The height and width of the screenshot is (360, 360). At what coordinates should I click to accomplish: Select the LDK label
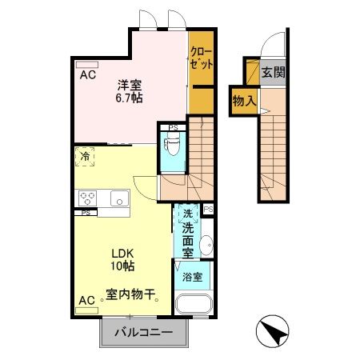pyautogui.click(x=122, y=251)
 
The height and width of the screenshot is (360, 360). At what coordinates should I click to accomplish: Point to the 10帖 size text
pyautogui.click(x=122, y=265)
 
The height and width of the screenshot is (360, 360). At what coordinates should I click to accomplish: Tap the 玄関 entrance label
pyautogui.click(x=273, y=73)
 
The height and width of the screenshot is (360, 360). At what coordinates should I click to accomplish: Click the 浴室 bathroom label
pyautogui.click(x=191, y=278)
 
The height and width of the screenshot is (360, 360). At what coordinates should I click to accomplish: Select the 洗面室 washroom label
pyautogui.click(x=190, y=232)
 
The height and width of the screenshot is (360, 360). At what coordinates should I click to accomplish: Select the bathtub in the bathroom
pyautogui.click(x=193, y=306)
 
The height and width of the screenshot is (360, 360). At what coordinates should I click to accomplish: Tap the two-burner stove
pyautogui.click(x=87, y=198)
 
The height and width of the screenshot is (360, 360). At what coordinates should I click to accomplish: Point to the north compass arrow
pyautogui.click(x=271, y=331)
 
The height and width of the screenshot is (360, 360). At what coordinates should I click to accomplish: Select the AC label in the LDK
pyautogui.click(x=86, y=301)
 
